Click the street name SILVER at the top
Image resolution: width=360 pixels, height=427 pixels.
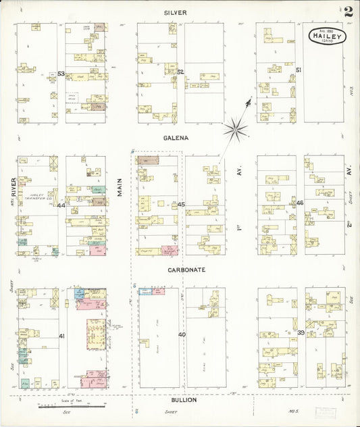point(175,13)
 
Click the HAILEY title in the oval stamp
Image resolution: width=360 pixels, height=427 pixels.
point(328,36)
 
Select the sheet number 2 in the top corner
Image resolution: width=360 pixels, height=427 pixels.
point(348,11)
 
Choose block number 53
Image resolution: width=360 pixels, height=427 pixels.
point(61,74)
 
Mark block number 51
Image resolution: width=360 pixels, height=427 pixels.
point(299,70)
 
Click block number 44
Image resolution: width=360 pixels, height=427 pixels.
point(61,205)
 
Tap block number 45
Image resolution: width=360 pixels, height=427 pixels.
point(182,203)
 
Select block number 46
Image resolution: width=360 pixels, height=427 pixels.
point(300,203)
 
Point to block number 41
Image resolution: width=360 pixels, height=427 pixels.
point(61,336)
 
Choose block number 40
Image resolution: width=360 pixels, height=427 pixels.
point(182,334)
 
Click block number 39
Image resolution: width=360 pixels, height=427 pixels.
point(301,333)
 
